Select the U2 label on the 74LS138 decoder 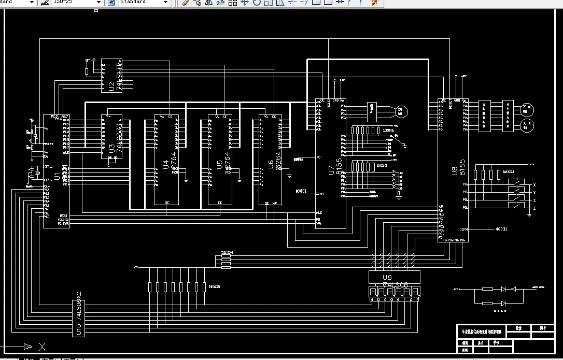coord(111,85)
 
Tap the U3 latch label coord(111,148)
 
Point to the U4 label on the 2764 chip coord(166,165)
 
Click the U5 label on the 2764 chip coord(220,165)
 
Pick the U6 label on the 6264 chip coord(271,165)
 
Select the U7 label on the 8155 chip coord(332,169)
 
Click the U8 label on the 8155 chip coord(454,169)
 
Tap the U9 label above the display coord(387,277)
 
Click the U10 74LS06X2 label coord(79,316)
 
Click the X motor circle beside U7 coord(401,111)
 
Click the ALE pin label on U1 coord(66,153)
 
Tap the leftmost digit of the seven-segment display coord(373,292)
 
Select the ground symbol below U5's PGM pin coord(239,180)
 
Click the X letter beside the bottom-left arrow coord(43,347)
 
